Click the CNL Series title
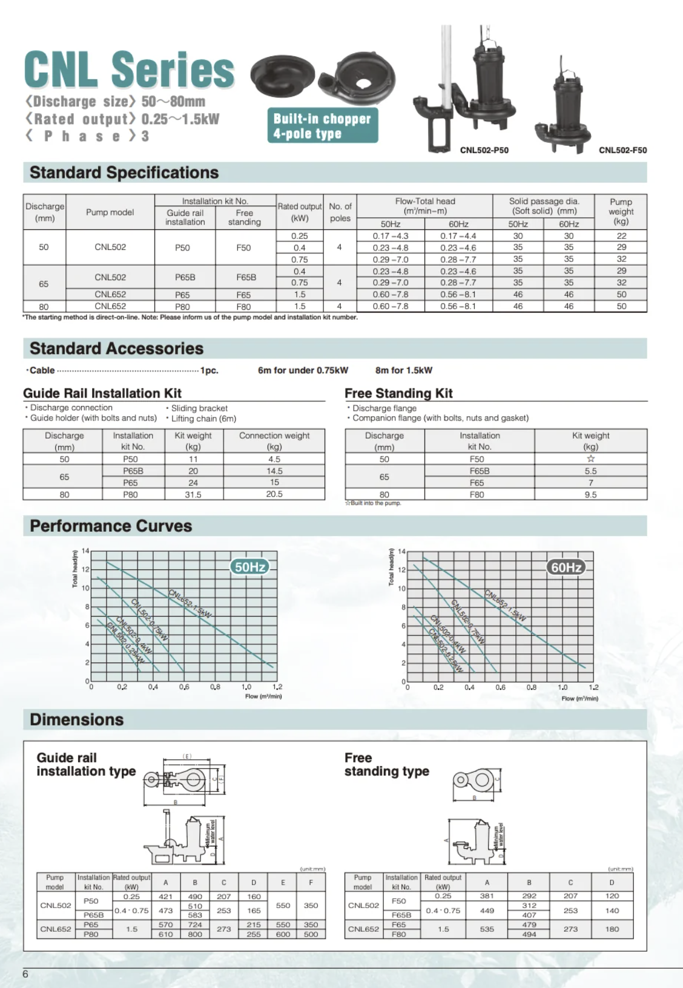(x=129, y=69)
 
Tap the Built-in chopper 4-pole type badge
(x=322, y=126)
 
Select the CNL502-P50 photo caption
(x=484, y=150)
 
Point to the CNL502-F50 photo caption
(x=622, y=150)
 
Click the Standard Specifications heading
(x=124, y=173)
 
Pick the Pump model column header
(x=110, y=212)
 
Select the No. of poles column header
(x=340, y=212)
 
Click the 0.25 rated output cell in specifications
(x=299, y=236)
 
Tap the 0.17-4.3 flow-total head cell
(x=390, y=236)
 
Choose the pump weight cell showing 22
(x=621, y=236)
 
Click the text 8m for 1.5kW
(x=404, y=370)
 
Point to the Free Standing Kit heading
(x=398, y=393)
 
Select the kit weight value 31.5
(x=193, y=494)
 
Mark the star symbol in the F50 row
(x=590, y=459)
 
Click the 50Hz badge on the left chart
(x=250, y=567)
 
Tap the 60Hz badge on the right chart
(x=566, y=568)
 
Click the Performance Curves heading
(x=111, y=526)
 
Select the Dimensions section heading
(x=76, y=720)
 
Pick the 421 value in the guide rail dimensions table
(x=165, y=897)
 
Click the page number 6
(x=25, y=974)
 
